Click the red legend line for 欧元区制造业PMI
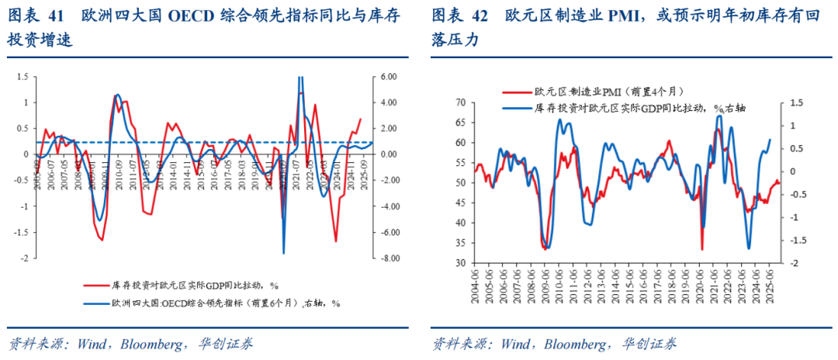517,91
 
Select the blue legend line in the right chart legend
517,108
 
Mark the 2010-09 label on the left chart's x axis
118,169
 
